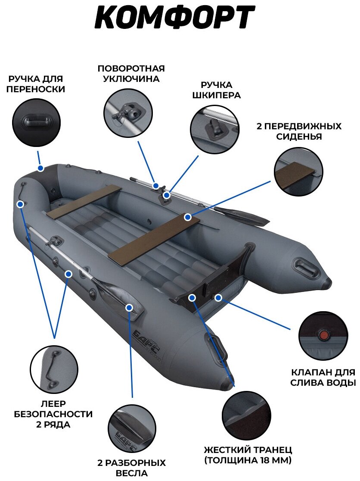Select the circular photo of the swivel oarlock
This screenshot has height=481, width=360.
pos(128,113)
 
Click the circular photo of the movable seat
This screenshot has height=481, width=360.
pos(298,171)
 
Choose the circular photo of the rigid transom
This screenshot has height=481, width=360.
pos(245,415)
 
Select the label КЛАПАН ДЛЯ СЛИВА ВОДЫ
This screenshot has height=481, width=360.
pos(323,377)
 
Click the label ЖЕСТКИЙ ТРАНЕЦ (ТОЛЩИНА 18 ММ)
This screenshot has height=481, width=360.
pos(248,455)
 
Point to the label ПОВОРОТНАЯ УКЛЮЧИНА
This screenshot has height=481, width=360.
pos(131,74)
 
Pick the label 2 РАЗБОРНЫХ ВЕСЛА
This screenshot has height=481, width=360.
pos(132,468)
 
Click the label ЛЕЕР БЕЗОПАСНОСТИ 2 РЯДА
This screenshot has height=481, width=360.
pos(53,414)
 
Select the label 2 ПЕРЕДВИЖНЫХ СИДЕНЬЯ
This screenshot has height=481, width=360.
pos(298,131)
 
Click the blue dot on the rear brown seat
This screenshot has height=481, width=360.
pos(187,217)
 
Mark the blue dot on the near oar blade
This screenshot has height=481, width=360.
pos(129,307)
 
